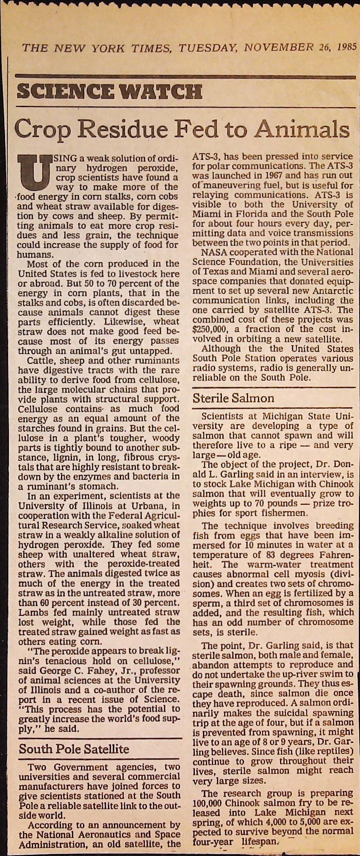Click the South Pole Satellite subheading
click(74, 749)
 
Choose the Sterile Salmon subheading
click(233, 398)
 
